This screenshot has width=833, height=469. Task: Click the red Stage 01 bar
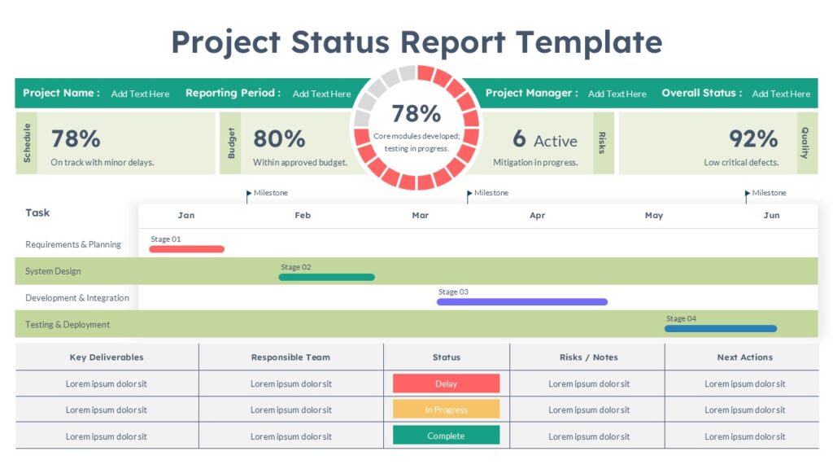186,249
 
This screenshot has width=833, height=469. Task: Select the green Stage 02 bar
326,277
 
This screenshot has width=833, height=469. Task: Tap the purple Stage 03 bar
521,302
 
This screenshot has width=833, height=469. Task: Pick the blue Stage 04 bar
720,329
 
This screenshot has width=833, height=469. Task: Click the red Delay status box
446,384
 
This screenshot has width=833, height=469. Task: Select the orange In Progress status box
446,410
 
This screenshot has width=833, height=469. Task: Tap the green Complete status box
446,436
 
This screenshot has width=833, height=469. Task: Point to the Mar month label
420,216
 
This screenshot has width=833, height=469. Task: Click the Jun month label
771,216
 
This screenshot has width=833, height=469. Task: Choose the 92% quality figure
753,139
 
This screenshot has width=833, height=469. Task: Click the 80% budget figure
279,139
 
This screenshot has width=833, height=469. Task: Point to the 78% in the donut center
416,113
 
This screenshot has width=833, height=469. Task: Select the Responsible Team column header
290,357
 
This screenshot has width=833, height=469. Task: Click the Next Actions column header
744,357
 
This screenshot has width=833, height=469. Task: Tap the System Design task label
53,271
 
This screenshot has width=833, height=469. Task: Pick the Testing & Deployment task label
68,325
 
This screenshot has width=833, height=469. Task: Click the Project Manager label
531,93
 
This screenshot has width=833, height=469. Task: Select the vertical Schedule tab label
27,142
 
